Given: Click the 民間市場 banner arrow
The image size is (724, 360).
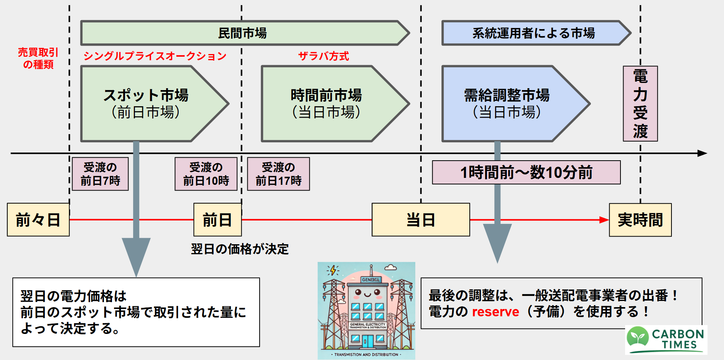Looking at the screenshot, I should (242, 33).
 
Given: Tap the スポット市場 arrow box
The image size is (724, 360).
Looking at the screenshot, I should (146, 104).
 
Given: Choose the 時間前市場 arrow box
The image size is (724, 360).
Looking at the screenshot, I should (326, 104).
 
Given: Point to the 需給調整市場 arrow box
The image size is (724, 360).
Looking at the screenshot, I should (507, 104).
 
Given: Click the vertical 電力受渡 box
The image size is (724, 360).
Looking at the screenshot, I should (640, 104).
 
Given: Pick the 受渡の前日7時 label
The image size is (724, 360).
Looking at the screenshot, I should (100, 174).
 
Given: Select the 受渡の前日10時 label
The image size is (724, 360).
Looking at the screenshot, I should (206, 174).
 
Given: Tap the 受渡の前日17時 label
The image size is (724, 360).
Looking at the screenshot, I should (278, 174).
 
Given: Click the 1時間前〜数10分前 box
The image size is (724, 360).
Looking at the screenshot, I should (526, 173).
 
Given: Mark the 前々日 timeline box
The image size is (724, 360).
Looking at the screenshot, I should (38, 220).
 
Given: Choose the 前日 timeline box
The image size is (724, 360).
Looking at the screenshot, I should (217, 220).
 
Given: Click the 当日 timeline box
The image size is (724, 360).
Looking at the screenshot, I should (421, 220).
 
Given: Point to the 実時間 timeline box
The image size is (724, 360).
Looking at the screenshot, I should (640, 220).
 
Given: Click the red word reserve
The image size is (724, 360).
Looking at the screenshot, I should (495, 312).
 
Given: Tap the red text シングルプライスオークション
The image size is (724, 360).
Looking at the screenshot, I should (155, 56).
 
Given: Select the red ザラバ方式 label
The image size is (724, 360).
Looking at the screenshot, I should (324, 56).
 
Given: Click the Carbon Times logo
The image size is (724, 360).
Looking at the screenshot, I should (666, 339).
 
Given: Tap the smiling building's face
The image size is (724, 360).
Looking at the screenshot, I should (367, 294).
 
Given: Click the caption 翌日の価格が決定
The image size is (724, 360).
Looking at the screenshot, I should (240, 249).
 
